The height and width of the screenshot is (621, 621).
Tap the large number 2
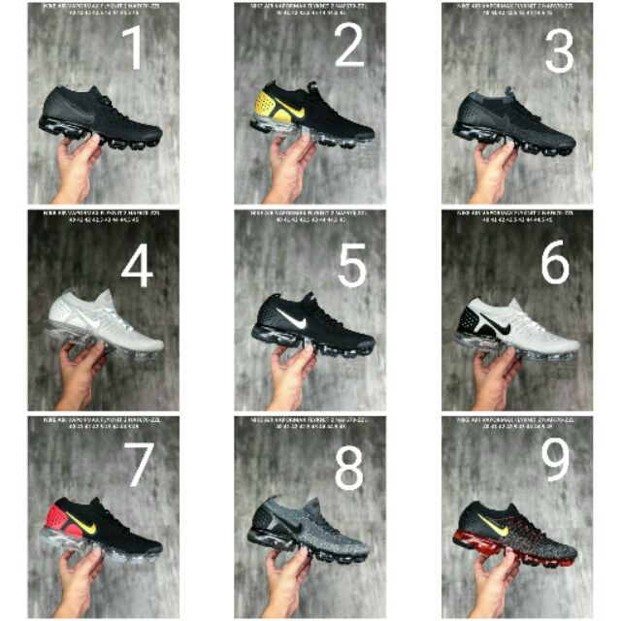(x=348, y=46)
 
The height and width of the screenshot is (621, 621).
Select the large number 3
(x=558, y=49)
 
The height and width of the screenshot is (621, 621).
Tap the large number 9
(x=556, y=462)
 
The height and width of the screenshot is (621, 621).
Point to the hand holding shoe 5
(x=291, y=374)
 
